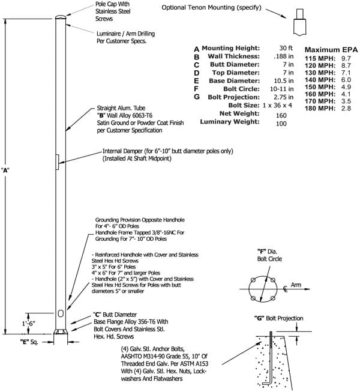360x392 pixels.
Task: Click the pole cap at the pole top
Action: click(61, 17)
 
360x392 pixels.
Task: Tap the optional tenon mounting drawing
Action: click(299, 22)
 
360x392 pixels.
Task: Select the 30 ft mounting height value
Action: click(286, 48)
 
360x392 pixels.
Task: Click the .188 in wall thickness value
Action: click(284, 56)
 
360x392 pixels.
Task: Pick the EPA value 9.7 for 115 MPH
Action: click(346, 58)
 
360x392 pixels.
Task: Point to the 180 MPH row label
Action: click(320, 109)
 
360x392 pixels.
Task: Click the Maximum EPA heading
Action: click(331, 50)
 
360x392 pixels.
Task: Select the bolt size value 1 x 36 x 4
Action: click(277, 105)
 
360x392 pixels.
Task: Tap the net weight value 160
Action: click(281, 115)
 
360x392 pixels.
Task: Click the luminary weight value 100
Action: click(281, 124)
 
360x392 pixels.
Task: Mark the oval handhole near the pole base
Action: click(61, 313)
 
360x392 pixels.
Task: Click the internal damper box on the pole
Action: click(57, 162)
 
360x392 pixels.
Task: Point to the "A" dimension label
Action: click(5, 170)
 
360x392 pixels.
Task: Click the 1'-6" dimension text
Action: click(28, 324)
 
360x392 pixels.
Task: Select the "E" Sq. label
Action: click(29, 342)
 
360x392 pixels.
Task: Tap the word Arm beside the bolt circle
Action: click(296, 285)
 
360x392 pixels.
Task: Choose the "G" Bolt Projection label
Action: click(278, 319)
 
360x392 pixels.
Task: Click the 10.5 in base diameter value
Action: click(284, 81)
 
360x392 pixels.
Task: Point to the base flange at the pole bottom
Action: click(61, 331)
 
